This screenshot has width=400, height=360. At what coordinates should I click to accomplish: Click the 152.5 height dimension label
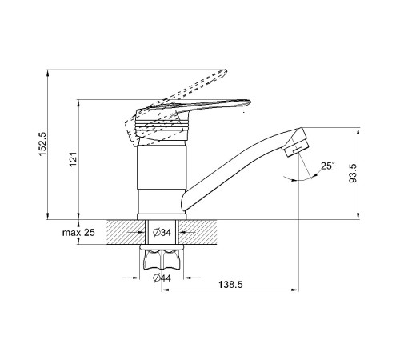point(43,144)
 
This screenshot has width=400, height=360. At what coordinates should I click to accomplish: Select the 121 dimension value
point(74,159)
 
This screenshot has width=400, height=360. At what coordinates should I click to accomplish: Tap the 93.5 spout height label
point(353,173)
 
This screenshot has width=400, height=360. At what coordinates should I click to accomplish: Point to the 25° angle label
point(327,166)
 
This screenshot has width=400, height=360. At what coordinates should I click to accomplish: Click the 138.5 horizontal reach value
point(230,285)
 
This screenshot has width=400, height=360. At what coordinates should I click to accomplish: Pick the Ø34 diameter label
point(162,233)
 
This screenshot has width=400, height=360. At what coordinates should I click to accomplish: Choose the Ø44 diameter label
point(162,278)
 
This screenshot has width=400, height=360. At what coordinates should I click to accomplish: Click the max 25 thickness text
point(78,233)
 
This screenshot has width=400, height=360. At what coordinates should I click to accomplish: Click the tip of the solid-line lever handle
point(250,101)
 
